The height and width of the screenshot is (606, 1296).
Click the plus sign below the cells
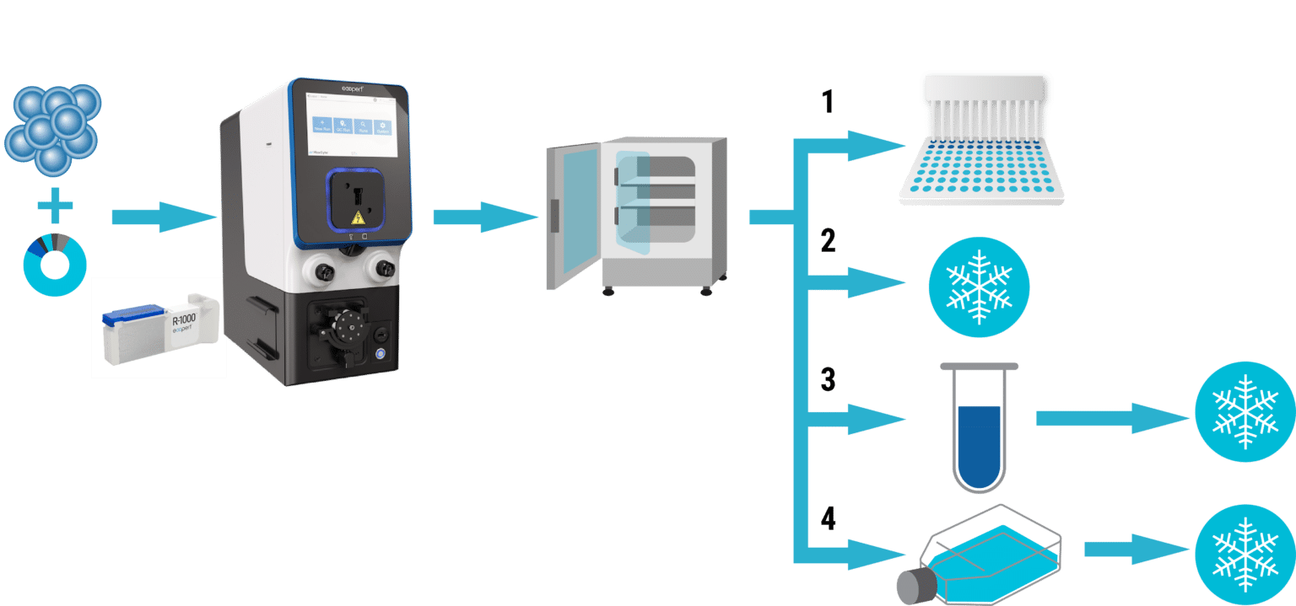[55, 206]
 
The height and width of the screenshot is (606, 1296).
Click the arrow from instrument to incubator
[485, 217]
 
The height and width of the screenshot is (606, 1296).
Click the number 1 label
[828, 102]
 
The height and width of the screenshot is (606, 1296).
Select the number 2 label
[828, 241]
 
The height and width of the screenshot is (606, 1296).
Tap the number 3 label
[828, 379]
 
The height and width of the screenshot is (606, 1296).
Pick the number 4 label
[828, 519]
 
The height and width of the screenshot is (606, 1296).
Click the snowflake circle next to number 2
[979, 287]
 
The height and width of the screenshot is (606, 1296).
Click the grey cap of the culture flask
[914, 587]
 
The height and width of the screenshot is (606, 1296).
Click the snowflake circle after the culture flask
[1245, 552]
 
